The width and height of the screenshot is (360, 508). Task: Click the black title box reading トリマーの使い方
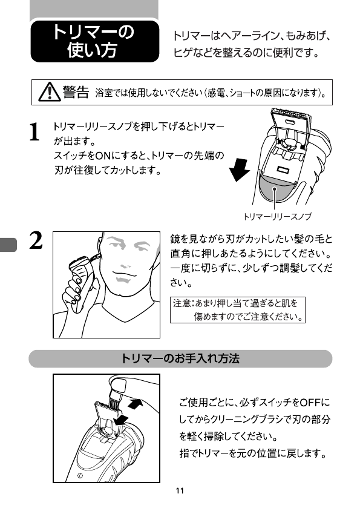pyautogui.click(x=95, y=41)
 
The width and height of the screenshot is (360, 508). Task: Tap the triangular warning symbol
pyautogui.click(x=50, y=92)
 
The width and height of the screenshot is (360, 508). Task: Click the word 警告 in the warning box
pyautogui.click(x=76, y=92)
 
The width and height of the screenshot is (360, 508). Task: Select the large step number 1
pyautogui.click(x=34, y=131)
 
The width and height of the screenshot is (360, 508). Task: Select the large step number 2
pyautogui.click(x=36, y=240)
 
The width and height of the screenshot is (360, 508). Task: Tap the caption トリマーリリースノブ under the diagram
pyautogui.click(x=277, y=216)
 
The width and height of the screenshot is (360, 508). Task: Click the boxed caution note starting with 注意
pyautogui.click(x=238, y=310)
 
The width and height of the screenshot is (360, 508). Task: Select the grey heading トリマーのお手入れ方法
pyautogui.click(x=180, y=358)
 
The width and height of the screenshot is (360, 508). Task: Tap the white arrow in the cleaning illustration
pyautogui.click(x=136, y=404)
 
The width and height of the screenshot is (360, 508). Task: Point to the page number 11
pyautogui.click(x=180, y=491)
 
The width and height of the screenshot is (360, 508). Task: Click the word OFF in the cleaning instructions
pyautogui.click(x=310, y=403)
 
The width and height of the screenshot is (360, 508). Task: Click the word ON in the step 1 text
pyautogui.click(x=103, y=156)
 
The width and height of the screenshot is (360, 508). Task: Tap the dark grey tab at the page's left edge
pyautogui.click(x=8, y=245)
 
